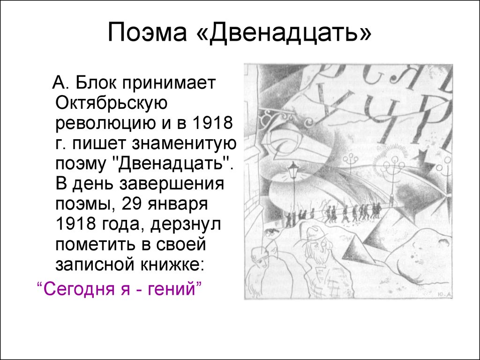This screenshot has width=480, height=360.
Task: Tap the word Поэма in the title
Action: [147, 31]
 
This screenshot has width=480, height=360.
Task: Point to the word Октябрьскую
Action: [112, 103]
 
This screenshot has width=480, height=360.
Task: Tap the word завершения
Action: [172, 184]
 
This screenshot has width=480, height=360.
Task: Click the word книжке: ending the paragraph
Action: [172, 264]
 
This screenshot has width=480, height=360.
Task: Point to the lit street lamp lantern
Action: [293, 169]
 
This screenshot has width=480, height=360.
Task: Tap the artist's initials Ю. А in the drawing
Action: [444, 294]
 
